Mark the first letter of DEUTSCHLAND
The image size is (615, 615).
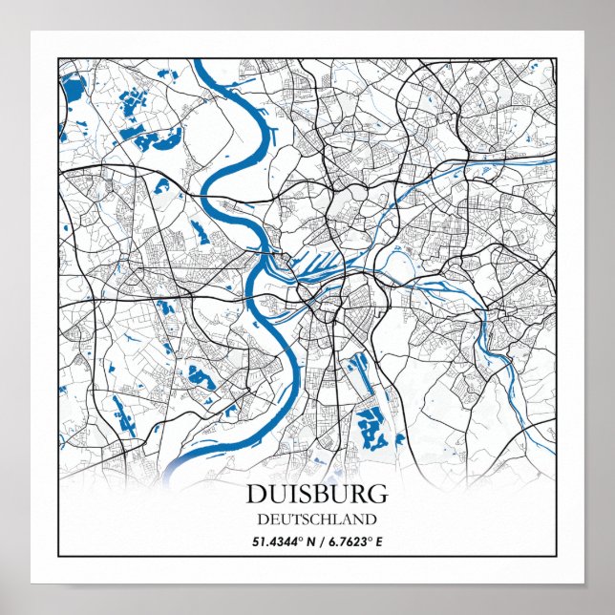[x=263, y=520]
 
